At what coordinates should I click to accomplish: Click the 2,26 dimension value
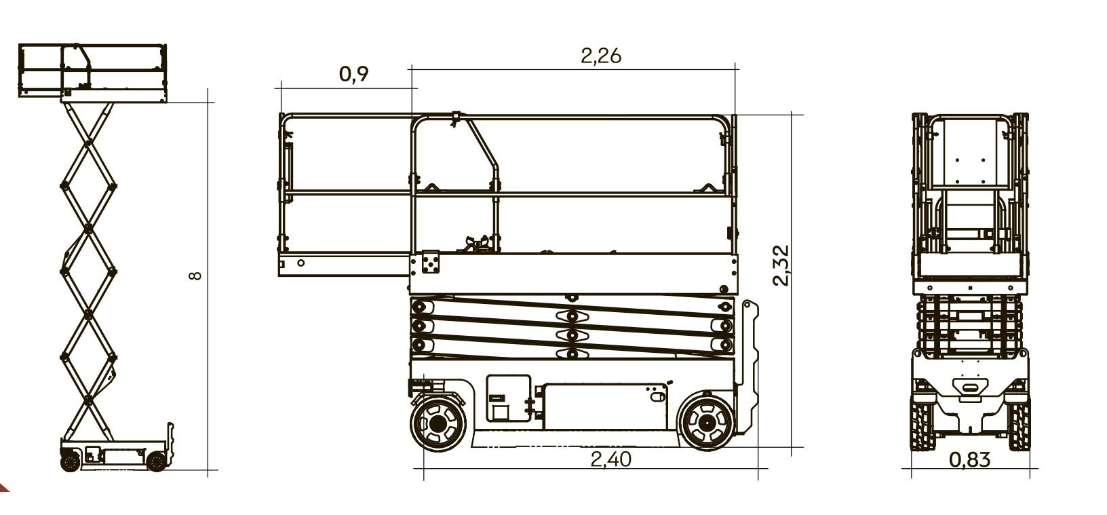[x=600, y=56]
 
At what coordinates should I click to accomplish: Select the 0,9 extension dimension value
[x=354, y=74]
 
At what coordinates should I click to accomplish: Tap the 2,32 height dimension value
[x=781, y=265]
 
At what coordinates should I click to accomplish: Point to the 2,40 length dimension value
[x=611, y=459]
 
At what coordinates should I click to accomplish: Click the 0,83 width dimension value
[x=969, y=459]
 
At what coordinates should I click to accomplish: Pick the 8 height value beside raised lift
[x=196, y=275]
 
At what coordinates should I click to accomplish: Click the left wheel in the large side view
[x=438, y=423]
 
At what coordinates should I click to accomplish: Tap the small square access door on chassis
[x=509, y=398]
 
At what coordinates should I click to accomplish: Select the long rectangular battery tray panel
[x=604, y=406]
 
